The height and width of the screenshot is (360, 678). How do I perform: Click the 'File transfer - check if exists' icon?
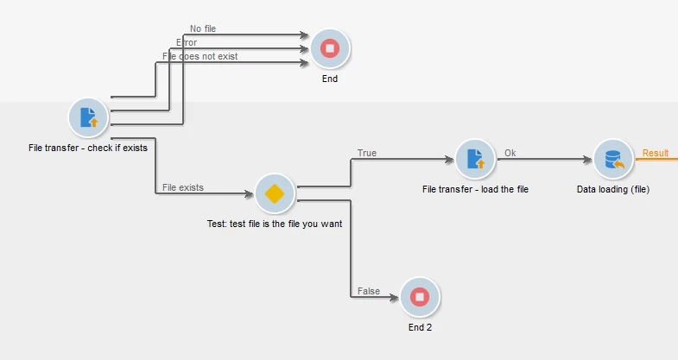[x=88, y=118]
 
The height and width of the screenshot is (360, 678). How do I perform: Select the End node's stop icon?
[x=330, y=49]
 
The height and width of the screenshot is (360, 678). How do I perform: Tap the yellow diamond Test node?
[x=276, y=193]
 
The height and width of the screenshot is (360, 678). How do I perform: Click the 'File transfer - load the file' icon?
[x=476, y=160]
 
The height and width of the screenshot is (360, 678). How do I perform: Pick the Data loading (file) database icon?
[x=614, y=160]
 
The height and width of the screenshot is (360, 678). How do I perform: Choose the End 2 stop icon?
[x=420, y=297]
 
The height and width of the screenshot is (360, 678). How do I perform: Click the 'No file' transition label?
[x=203, y=28]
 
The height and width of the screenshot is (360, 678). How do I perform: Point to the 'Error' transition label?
[x=187, y=42]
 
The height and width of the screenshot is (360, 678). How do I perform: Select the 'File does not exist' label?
[x=200, y=56]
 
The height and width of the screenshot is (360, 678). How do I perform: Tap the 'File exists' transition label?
[x=183, y=187]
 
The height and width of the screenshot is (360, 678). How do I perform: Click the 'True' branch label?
[x=367, y=153]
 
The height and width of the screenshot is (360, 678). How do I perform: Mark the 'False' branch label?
[x=369, y=291]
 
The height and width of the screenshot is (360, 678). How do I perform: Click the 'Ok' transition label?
[x=510, y=153]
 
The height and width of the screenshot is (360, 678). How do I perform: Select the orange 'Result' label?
[x=656, y=153]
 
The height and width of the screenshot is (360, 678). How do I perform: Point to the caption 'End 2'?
[x=420, y=328]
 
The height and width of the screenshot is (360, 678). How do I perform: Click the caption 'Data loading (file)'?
[x=613, y=189]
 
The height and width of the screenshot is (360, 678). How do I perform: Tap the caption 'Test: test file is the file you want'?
[x=275, y=224]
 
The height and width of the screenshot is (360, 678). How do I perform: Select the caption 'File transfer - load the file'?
[x=475, y=189]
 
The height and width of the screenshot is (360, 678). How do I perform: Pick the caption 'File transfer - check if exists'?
[x=88, y=148]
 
